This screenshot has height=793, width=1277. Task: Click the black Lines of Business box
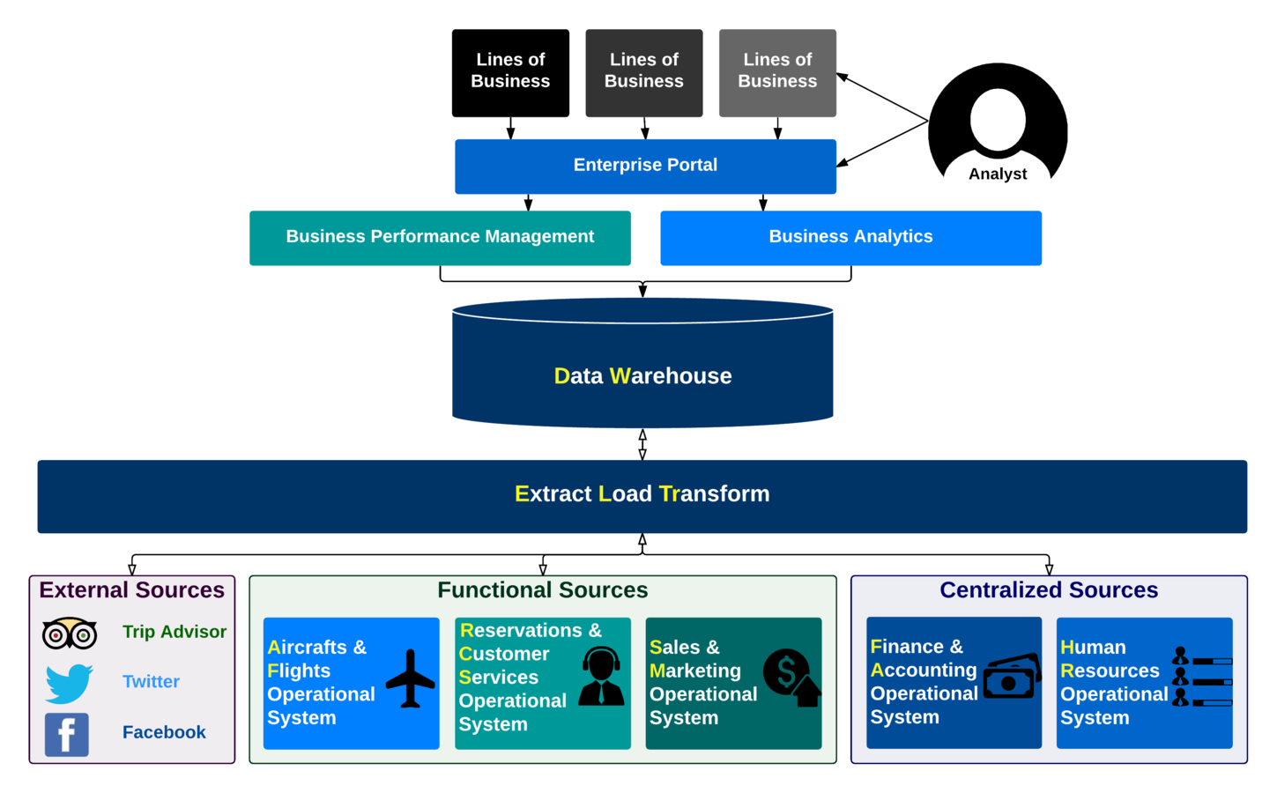510,73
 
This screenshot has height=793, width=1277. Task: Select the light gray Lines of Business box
777,73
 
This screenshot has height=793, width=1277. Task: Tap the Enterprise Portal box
645,166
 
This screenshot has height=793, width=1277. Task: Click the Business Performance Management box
440,237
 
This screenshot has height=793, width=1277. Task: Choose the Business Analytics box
850,237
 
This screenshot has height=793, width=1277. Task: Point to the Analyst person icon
998,123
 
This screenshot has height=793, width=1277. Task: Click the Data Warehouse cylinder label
642,376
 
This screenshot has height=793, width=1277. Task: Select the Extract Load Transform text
642,494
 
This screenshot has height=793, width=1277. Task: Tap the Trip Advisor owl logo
70,634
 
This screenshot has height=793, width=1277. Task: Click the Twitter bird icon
69,683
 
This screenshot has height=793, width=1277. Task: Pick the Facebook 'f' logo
67,734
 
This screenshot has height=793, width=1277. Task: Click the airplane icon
410,678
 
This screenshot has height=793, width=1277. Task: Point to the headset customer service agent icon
602,676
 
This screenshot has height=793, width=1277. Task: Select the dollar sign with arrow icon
791,678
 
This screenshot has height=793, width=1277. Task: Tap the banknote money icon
1012,678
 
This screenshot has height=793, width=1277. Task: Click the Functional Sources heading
543,590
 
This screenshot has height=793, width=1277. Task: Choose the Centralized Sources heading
1049,590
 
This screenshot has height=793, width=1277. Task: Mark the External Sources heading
132,590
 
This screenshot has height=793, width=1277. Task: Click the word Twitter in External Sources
151,682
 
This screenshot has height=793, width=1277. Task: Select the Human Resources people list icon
1201,678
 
